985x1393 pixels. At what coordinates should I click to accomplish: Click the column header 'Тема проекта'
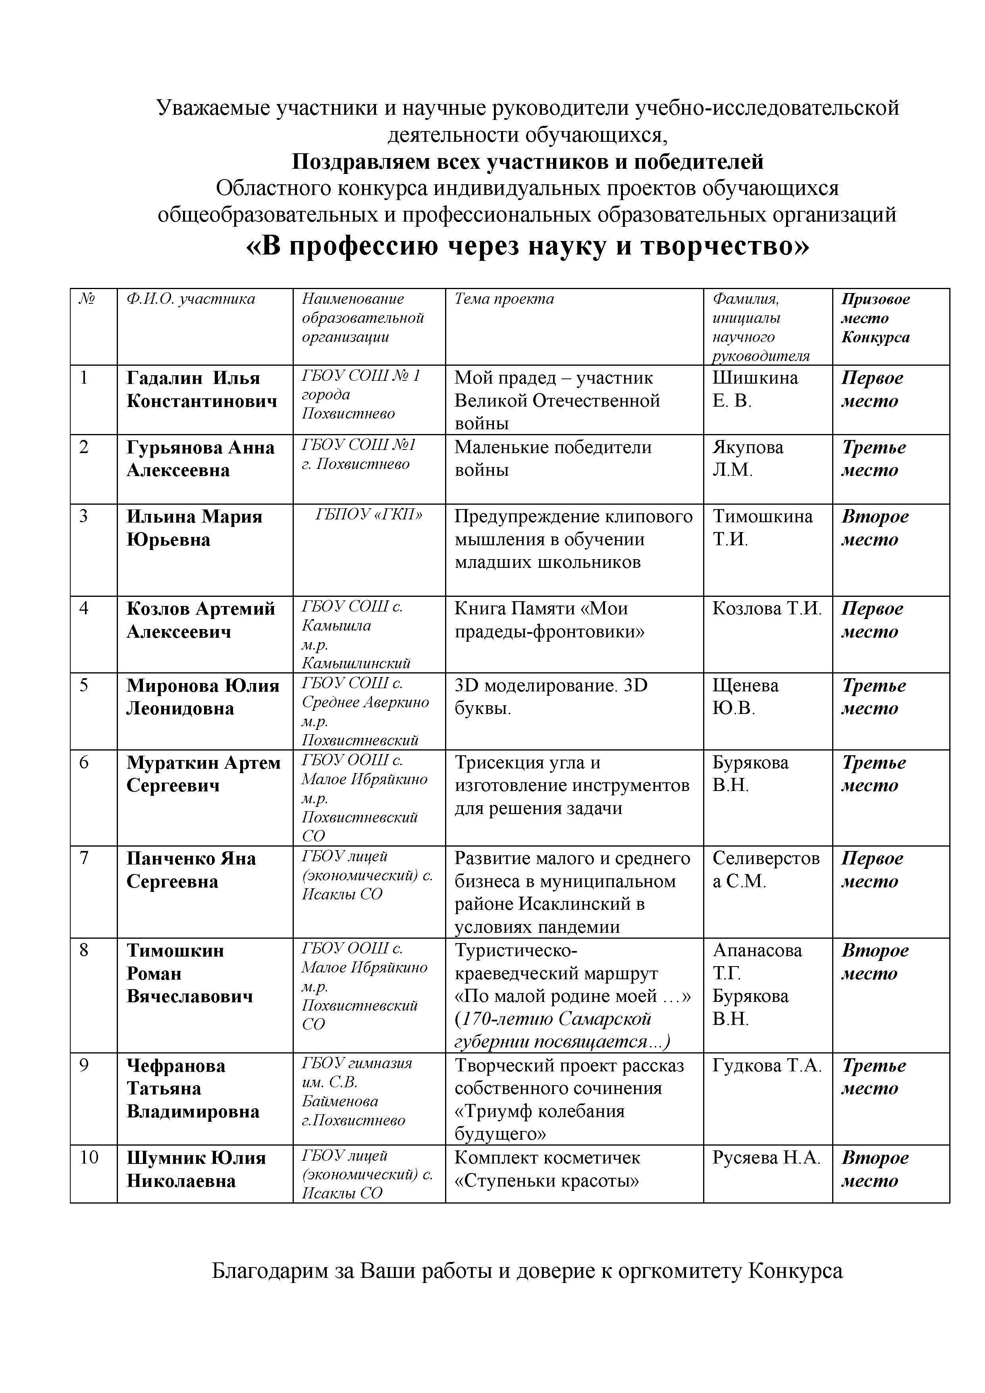[504, 299]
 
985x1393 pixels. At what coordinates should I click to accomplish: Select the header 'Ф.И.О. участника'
[191, 299]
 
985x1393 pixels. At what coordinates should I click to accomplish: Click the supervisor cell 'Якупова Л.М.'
[747, 459]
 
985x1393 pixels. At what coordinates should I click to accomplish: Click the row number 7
[84, 857]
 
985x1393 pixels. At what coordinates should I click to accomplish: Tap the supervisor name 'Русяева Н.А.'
[766, 1158]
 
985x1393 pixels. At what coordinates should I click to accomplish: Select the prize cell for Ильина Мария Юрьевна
[875, 528]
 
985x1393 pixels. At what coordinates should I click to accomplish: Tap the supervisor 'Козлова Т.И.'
[767, 608]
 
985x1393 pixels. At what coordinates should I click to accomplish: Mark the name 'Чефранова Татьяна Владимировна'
[193, 1088]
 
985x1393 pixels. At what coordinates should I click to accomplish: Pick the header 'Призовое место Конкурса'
[875, 318]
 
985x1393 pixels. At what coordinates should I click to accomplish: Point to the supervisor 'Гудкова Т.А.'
[767, 1065]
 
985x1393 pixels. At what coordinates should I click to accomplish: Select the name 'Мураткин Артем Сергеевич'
[203, 774]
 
